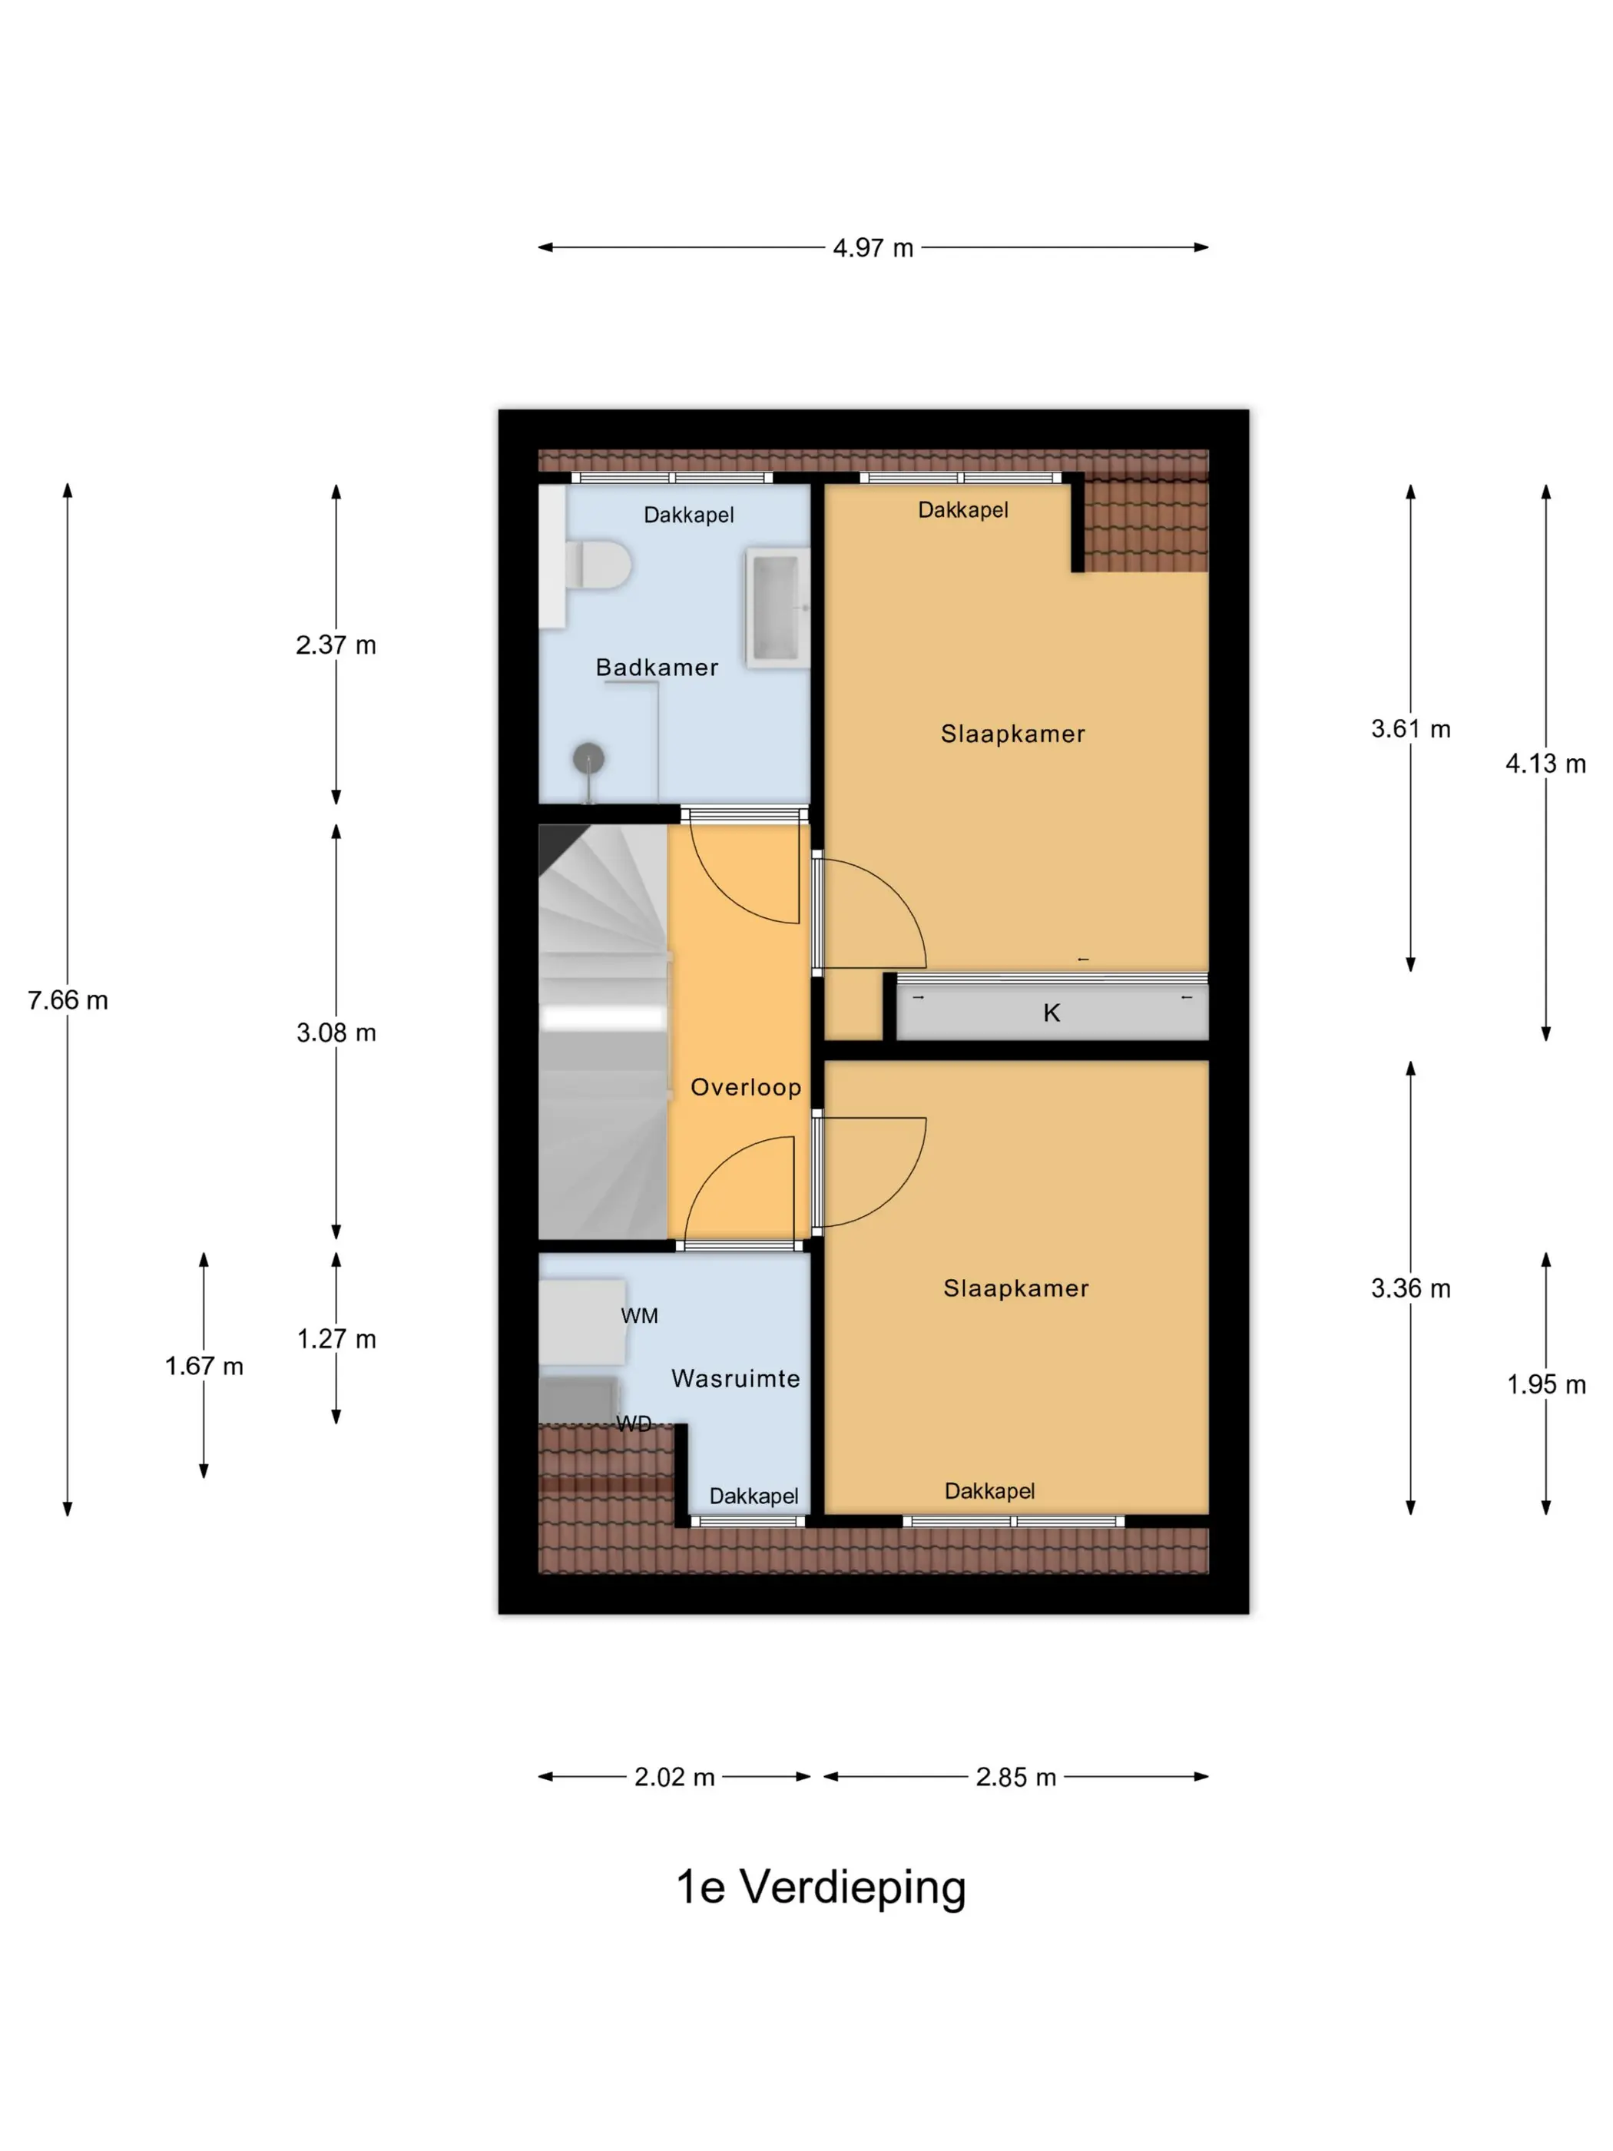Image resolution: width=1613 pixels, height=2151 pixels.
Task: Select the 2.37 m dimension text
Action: (x=336, y=645)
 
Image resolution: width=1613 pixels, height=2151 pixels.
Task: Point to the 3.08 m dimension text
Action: (x=336, y=1032)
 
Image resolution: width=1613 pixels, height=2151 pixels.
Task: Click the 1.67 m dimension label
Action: (x=204, y=1366)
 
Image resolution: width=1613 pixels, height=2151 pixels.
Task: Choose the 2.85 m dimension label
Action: (x=1016, y=1777)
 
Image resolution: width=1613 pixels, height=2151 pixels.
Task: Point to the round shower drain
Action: (x=588, y=757)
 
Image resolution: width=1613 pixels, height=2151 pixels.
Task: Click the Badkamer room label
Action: (x=657, y=667)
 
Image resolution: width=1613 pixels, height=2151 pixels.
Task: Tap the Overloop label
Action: (x=746, y=1087)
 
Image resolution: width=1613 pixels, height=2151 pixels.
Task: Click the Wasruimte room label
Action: (x=736, y=1378)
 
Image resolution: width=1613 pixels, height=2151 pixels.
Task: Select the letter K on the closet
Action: (x=1051, y=1013)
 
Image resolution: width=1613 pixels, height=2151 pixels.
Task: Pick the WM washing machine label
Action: (x=640, y=1316)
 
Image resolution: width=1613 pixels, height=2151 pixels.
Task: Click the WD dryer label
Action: (x=634, y=1424)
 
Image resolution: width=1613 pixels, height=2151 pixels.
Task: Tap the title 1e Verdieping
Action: (x=820, y=1888)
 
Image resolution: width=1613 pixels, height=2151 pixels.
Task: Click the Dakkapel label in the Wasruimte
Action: (x=754, y=1496)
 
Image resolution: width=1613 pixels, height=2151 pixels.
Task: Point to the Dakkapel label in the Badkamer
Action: (x=688, y=515)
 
